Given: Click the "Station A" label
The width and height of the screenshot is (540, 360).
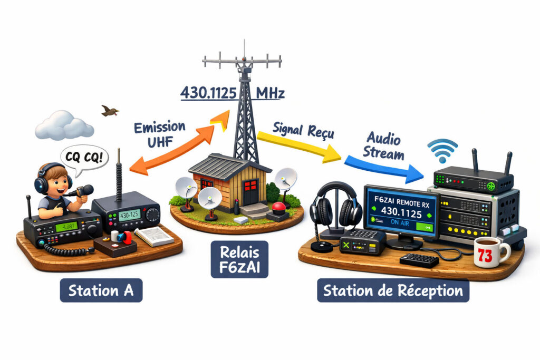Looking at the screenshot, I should (101, 290).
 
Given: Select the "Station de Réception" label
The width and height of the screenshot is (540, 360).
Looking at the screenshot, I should (393, 290).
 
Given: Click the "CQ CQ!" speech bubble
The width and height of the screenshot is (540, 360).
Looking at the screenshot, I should (82, 157).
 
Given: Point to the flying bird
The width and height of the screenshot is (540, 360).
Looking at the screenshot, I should (110, 110).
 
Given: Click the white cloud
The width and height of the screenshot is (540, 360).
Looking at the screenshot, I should (64, 125).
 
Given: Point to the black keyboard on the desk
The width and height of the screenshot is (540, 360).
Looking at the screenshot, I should (419, 260).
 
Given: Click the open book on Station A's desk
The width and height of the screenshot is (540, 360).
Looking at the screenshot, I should (154, 237).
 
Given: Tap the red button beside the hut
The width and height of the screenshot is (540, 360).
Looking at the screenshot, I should (277, 215).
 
